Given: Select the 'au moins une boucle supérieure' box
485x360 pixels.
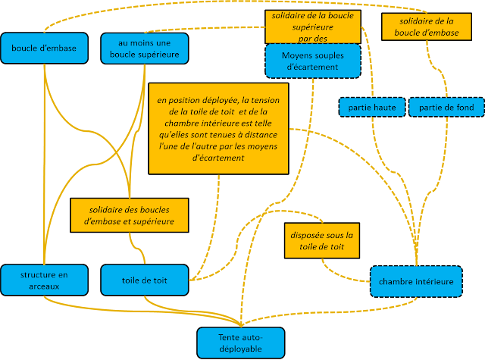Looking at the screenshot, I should pos(145,49).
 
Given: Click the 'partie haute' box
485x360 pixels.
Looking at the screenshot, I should pos(371,108).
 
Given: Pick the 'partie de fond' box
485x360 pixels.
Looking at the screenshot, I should pos(446,108).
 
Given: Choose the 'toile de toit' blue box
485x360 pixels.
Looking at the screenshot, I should pos(144,280).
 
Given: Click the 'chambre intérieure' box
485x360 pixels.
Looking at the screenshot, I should pos(416,282).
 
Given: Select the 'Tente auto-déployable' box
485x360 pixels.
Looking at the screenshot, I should pos(241,343).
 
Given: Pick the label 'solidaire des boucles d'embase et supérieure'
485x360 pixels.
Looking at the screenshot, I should pos(128,214).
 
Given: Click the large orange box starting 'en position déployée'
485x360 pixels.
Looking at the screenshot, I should pos(218,128).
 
